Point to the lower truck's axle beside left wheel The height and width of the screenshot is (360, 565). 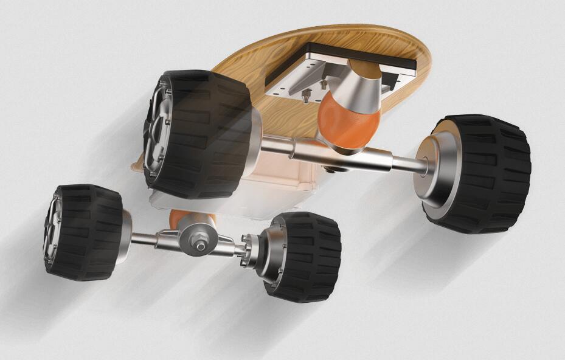[x=143, y=239]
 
